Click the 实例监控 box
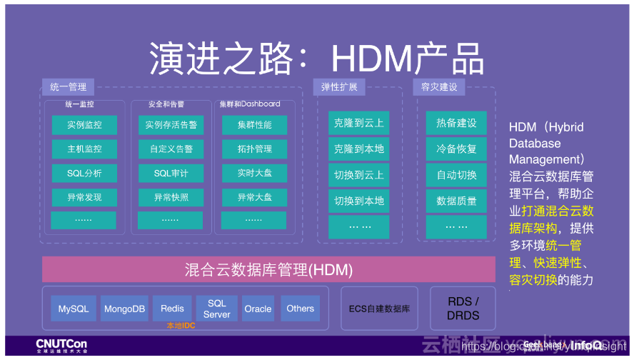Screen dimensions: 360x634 click(x=84, y=125)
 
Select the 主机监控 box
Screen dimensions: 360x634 click(x=84, y=149)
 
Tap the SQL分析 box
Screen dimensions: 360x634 click(x=84, y=174)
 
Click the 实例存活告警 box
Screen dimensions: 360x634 click(x=171, y=125)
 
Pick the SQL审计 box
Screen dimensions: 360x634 click(x=171, y=174)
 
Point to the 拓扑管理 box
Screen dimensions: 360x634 click(x=255, y=149)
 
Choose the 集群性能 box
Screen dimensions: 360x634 click(x=255, y=125)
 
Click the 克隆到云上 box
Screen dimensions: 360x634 click(x=359, y=123)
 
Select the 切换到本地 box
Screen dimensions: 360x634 click(x=359, y=201)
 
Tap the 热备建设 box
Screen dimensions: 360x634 click(x=456, y=123)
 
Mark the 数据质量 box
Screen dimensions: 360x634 click(x=456, y=201)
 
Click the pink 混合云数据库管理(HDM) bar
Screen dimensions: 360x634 click(x=268, y=270)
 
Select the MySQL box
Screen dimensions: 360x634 click(x=74, y=309)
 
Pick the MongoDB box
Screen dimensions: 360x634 click(x=124, y=309)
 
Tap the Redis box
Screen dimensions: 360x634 click(x=172, y=309)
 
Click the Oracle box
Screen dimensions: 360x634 click(x=258, y=309)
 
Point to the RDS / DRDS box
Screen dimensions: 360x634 click(x=463, y=309)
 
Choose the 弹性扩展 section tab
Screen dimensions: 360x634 click(x=339, y=87)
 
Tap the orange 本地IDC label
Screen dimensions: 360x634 click(x=181, y=326)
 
